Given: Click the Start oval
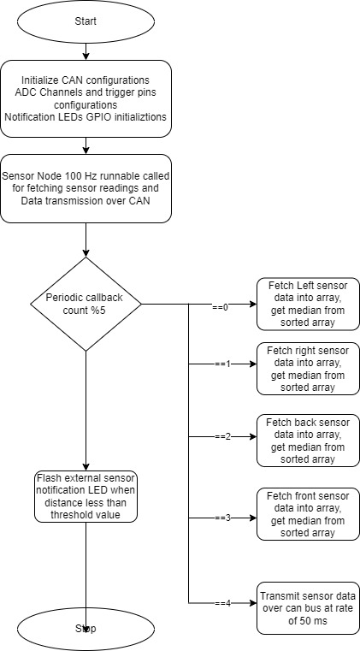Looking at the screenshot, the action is click(86, 21).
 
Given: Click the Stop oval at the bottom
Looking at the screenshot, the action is click(86, 629).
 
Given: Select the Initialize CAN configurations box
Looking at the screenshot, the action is click(86, 98).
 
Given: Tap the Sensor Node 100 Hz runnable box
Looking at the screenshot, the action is click(86, 188).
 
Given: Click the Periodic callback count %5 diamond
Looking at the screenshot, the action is click(86, 304).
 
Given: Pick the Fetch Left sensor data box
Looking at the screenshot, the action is click(308, 304).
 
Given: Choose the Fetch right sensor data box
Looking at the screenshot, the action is click(308, 369).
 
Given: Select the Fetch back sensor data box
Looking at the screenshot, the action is click(308, 441).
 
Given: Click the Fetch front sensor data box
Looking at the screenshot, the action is click(308, 514).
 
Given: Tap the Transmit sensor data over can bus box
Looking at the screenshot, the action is click(308, 608).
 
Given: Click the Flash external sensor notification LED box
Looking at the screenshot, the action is click(86, 496).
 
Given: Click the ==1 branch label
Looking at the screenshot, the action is click(222, 364).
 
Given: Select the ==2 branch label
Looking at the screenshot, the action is click(222, 437).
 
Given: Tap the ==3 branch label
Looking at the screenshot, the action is click(222, 518).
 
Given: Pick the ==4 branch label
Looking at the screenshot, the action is click(222, 604).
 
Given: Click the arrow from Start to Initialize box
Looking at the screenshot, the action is click(86, 51).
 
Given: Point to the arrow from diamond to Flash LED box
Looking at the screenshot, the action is click(86, 411).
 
